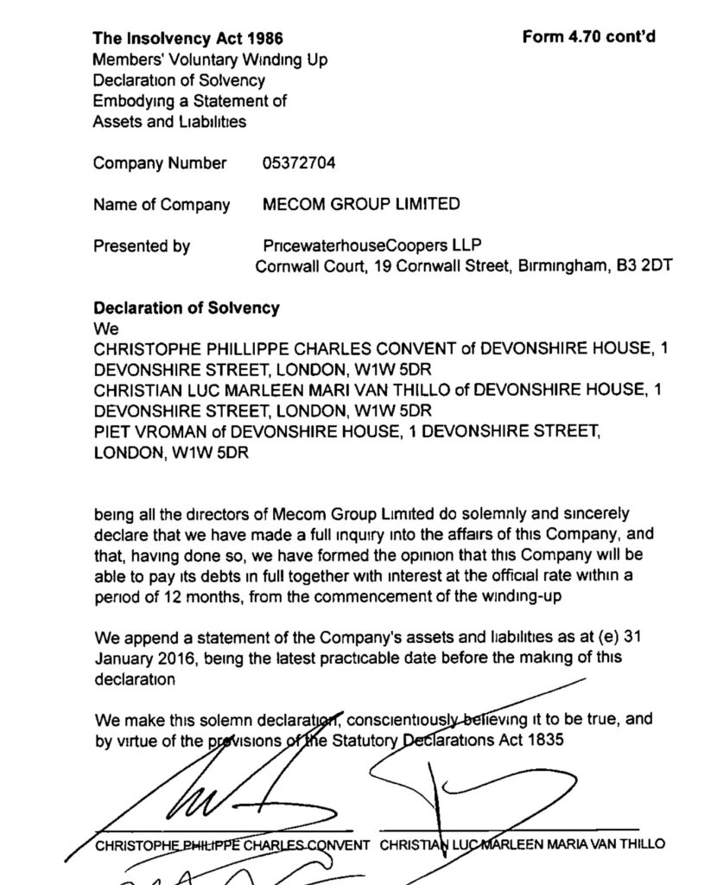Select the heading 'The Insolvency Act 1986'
tap(187, 39)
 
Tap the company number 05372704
tap(298, 163)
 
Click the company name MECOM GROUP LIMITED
tap(360, 205)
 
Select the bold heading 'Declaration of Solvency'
tap(186, 308)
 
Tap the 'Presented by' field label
tap(141, 246)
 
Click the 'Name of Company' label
tap(161, 205)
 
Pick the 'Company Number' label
tap(160, 163)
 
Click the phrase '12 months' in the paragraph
tap(187, 597)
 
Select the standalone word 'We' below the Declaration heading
tap(104, 328)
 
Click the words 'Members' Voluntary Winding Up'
tap(210, 60)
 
